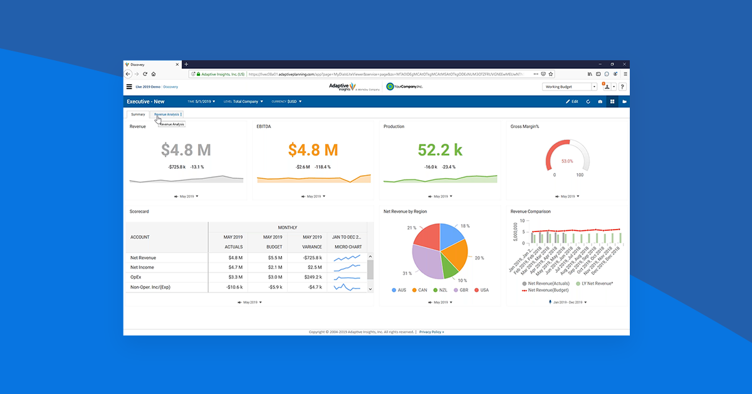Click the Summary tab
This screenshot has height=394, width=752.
(138, 114)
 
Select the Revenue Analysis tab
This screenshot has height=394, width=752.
(167, 114)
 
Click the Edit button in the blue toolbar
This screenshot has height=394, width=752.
(572, 101)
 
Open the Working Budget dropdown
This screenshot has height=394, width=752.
(569, 87)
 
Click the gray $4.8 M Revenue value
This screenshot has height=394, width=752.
(186, 150)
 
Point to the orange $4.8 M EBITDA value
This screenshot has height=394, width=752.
(313, 150)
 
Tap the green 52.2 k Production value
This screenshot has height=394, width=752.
(440, 150)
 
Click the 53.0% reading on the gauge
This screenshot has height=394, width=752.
(567, 161)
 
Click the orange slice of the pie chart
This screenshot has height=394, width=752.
(454, 254)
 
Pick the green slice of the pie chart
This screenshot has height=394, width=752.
(449, 269)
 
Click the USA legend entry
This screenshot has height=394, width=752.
(481, 290)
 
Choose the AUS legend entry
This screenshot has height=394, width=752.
(399, 290)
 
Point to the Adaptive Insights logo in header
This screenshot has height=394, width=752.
(342, 87)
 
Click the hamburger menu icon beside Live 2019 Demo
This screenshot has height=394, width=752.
(129, 87)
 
